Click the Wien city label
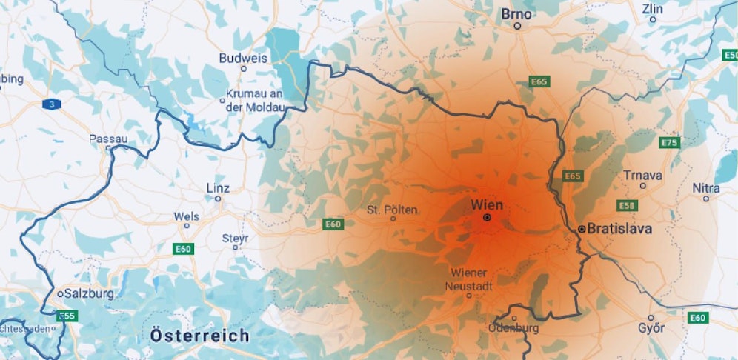(x=487, y=204)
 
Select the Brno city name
(x=516, y=13)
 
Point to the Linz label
(x=217, y=188)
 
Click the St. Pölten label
(x=392, y=210)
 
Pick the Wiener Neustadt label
(x=468, y=279)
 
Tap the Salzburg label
(x=89, y=293)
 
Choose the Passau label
(x=108, y=139)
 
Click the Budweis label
(x=243, y=58)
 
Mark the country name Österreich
(x=199, y=336)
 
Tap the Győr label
(x=651, y=328)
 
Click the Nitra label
(x=705, y=188)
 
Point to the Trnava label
(x=642, y=176)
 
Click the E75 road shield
(x=669, y=142)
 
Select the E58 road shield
(x=626, y=204)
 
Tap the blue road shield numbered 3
(x=51, y=104)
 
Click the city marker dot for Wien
(x=487, y=218)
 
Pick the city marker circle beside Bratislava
(x=582, y=230)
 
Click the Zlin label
(x=653, y=10)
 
